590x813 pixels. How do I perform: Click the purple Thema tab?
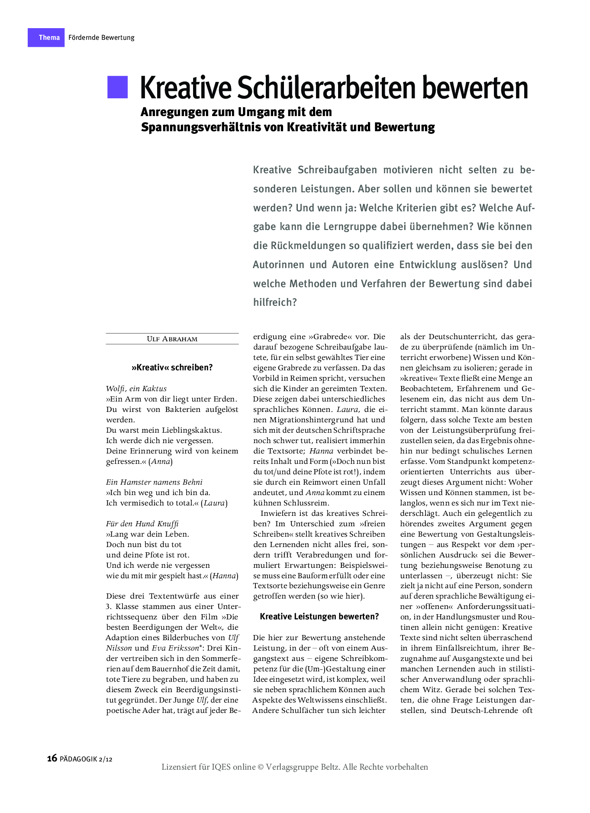[46, 38]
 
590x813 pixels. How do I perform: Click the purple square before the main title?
[118, 87]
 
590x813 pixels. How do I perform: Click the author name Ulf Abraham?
[172, 339]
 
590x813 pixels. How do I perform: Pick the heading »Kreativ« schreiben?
[172, 368]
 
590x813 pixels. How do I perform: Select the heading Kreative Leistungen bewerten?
[319, 616]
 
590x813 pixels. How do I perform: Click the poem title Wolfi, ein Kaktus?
[136, 389]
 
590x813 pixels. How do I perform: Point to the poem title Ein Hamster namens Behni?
[154, 482]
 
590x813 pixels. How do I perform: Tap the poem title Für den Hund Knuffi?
[142, 524]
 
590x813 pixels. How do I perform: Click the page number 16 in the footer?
[52, 758]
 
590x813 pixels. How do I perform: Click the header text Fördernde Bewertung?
[101, 38]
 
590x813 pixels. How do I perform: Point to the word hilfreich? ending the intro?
[275, 302]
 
